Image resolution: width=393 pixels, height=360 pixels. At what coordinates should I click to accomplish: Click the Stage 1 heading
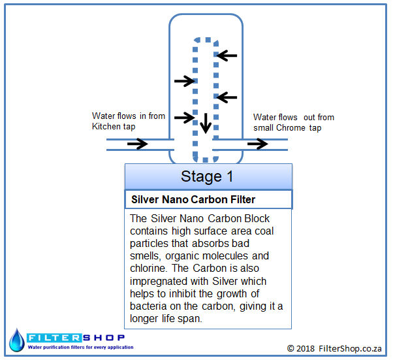pyautogui.click(x=207, y=176)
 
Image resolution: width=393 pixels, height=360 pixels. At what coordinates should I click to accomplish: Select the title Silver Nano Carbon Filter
pyautogui.click(x=193, y=199)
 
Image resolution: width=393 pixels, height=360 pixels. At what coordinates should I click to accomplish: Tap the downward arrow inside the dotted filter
pyautogui.click(x=206, y=123)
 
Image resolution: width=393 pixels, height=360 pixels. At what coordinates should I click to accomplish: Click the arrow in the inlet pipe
pyautogui.click(x=138, y=144)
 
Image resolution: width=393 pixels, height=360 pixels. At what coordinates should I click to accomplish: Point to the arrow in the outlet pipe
pyautogui.click(x=258, y=144)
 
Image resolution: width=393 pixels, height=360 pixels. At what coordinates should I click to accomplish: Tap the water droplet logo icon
pyautogui.click(x=17, y=340)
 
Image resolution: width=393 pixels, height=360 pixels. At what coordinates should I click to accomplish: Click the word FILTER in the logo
pyautogui.click(x=54, y=338)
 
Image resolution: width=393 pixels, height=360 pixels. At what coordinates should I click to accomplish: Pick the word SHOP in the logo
pyautogui.click(x=104, y=338)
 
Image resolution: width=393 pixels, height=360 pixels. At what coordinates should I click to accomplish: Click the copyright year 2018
pyautogui.click(x=306, y=348)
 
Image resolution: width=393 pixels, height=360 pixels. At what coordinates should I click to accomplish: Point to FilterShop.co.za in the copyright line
pyautogui.click(x=350, y=348)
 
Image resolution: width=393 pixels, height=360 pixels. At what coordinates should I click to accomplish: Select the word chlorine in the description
pyautogui.click(x=148, y=268)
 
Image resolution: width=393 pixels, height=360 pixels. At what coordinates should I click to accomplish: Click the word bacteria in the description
pyautogui.click(x=148, y=306)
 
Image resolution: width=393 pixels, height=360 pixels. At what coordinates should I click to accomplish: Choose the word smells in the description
pyautogui.click(x=146, y=256)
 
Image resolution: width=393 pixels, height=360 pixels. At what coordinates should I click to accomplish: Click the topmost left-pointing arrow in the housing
pyautogui.click(x=227, y=56)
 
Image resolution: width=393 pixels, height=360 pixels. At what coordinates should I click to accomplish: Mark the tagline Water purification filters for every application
pyautogui.click(x=80, y=347)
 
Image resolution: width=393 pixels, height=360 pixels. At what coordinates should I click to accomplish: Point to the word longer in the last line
pyautogui.click(x=144, y=319)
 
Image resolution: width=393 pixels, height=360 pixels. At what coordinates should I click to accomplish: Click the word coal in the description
pyautogui.click(x=264, y=231)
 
